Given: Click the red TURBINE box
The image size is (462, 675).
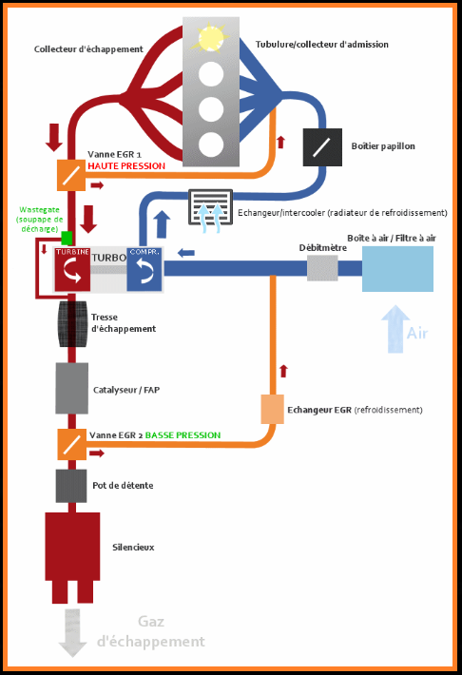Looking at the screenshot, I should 72,269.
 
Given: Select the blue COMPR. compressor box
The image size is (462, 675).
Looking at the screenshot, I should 144,269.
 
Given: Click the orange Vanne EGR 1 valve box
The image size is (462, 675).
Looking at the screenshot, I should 71,172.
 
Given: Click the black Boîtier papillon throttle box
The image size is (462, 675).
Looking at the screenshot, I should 321,145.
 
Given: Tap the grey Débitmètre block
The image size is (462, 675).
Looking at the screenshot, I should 322,268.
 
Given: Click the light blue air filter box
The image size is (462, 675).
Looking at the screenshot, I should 396,268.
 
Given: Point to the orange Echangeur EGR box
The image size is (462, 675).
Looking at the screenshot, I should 273,409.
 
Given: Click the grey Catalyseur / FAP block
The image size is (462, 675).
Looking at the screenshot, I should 71,388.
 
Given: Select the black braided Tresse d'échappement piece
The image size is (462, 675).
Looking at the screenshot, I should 72,326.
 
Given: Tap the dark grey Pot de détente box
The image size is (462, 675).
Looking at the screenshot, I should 71,485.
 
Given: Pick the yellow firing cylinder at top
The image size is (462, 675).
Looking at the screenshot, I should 210,37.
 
